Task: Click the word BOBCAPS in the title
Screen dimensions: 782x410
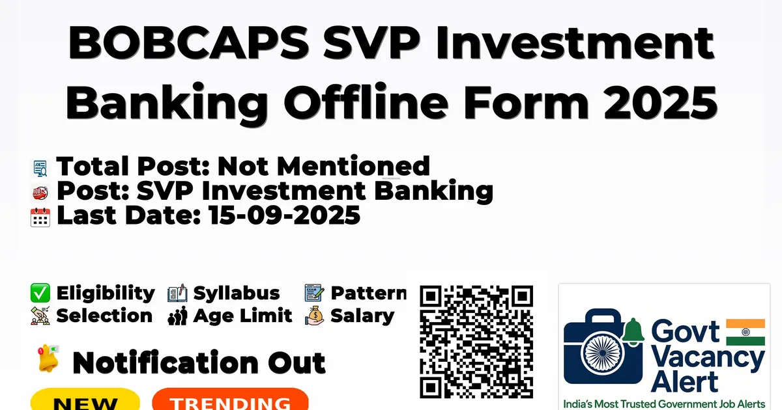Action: click(x=188, y=43)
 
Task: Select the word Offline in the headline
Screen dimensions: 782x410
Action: click(x=366, y=102)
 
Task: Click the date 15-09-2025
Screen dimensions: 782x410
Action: click(x=285, y=215)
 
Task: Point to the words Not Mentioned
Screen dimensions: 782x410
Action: click(x=324, y=166)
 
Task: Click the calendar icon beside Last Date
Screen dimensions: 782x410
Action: click(x=40, y=217)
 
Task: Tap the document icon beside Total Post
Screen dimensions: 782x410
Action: click(x=40, y=169)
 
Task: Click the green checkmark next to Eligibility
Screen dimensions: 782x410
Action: click(x=40, y=293)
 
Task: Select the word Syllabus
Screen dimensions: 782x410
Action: click(x=237, y=294)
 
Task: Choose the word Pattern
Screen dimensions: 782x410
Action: click(x=369, y=293)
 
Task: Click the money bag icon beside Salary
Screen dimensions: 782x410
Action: click(x=315, y=316)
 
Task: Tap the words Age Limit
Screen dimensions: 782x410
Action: click(x=242, y=316)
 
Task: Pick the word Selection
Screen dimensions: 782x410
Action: click(x=104, y=316)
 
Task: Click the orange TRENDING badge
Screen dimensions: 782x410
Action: click(x=230, y=400)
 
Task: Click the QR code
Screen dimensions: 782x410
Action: click(x=476, y=342)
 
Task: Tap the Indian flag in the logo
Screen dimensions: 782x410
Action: click(x=746, y=333)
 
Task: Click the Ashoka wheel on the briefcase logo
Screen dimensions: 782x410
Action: click(x=603, y=353)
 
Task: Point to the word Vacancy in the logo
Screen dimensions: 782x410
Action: click(x=708, y=359)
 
